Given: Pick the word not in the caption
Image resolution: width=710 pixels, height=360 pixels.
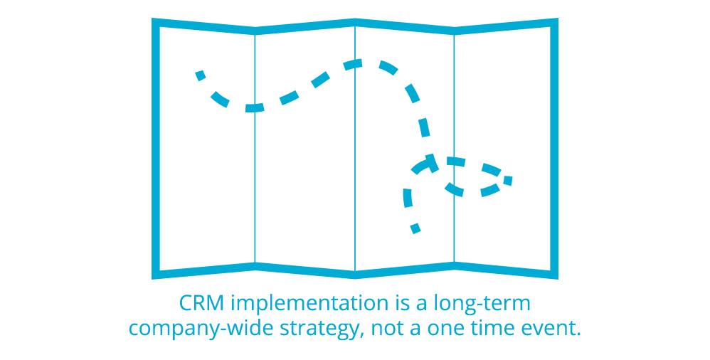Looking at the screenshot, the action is coord(387,328).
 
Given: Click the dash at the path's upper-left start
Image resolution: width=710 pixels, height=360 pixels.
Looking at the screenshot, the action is coord(201,75).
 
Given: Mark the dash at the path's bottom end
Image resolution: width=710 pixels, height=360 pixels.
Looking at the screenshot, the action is coord(415,228).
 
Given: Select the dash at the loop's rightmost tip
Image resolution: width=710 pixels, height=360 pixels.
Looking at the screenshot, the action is coord(507,181).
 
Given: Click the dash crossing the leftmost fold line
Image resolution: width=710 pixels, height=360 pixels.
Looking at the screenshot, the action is coord(255,107).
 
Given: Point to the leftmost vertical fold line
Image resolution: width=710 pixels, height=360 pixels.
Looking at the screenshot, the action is coord(255,149).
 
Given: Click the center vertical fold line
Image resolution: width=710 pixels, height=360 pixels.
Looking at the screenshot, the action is coord(355,149).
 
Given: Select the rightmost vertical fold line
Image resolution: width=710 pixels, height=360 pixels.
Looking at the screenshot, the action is coord(454,149).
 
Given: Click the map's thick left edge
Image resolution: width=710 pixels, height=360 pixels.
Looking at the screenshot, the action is coord(156,149).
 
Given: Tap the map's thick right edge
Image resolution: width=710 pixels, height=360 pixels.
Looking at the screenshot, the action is coord(554,149).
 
